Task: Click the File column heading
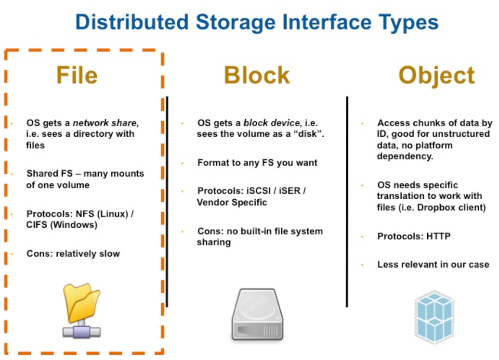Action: [77, 75]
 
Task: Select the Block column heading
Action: [257, 76]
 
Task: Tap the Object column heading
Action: [436, 76]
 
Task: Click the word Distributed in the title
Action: [132, 23]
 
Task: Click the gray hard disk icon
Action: [257, 315]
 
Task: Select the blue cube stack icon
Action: [434, 315]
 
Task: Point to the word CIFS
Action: [37, 225]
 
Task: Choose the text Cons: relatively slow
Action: [73, 254]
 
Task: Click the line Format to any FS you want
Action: [257, 163]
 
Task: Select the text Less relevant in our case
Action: [433, 264]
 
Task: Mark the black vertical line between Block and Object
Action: [347, 202]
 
